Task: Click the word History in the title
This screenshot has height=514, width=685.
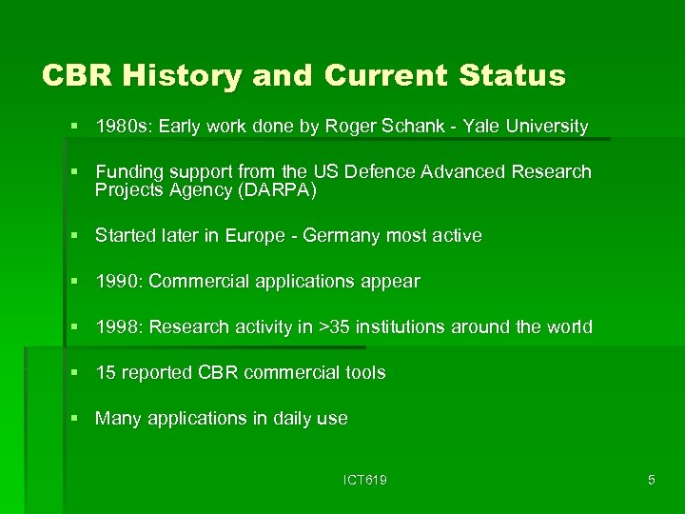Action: tap(182, 75)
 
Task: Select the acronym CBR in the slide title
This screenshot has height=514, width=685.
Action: tap(78, 75)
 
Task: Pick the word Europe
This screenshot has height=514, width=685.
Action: tap(256, 235)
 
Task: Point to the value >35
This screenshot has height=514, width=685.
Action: tap(333, 327)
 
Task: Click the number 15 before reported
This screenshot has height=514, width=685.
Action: tap(106, 373)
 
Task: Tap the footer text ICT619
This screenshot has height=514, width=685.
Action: tap(365, 481)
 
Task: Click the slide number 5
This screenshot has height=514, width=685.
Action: tap(651, 481)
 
